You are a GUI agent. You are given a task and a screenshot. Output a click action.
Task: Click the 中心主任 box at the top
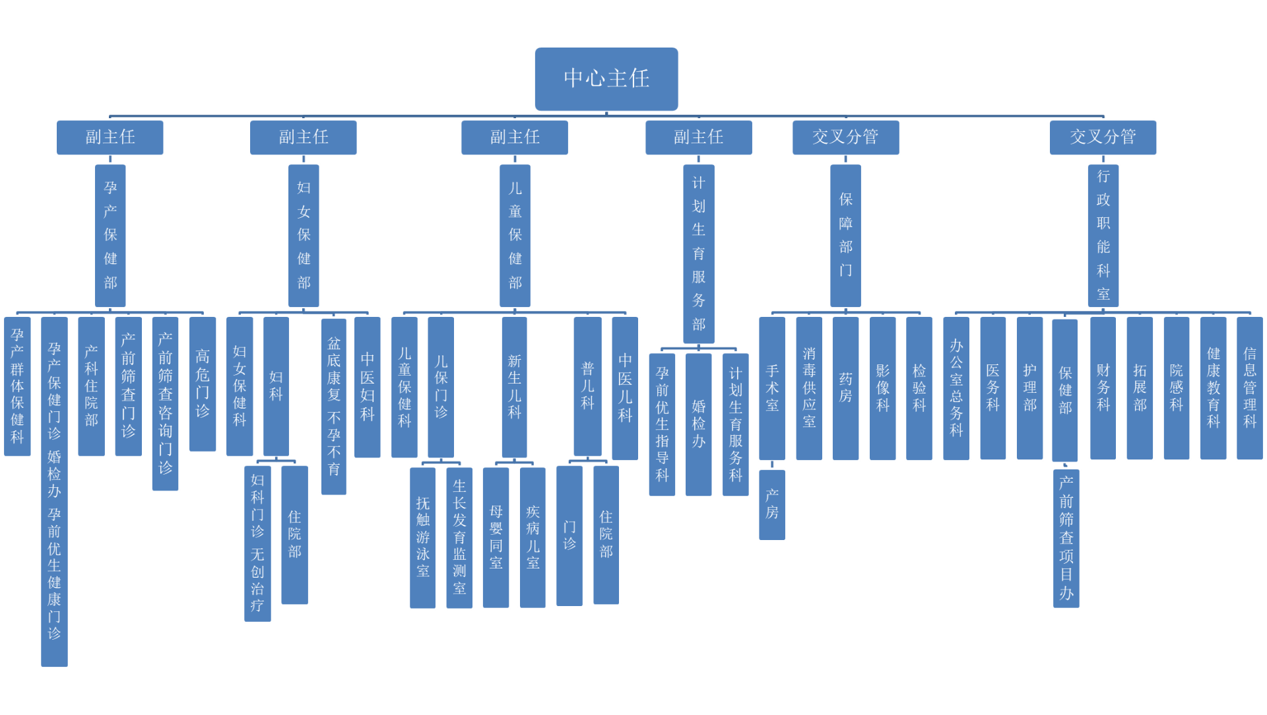[606, 79]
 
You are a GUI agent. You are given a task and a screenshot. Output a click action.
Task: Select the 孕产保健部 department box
[110, 236]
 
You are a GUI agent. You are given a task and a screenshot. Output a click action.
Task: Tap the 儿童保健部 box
[515, 236]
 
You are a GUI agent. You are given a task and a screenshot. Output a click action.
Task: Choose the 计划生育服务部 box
[698, 254]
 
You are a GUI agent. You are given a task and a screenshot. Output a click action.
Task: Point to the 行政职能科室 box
[1103, 236]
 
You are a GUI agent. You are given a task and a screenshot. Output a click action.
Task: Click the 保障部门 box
[845, 236]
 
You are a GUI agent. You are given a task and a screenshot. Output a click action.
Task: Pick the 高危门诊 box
[203, 384]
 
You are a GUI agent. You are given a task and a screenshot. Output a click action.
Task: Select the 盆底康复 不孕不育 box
[334, 405]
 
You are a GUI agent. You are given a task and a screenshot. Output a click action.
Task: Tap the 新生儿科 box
[514, 387]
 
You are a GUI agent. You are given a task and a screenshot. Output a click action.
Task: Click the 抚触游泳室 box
[422, 537]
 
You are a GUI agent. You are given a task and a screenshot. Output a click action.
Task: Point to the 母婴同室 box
[496, 537]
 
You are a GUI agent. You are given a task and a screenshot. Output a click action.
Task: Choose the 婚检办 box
[698, 424]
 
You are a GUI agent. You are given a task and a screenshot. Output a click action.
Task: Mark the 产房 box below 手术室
[772, 504]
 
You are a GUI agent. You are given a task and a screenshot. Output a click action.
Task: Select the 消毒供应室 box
[809, 388]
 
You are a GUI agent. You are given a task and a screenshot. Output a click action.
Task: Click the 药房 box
[845, 388]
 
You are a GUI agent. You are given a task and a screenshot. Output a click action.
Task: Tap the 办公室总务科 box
[956, 388]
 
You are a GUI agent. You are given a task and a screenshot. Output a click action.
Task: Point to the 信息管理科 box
[1249, 388]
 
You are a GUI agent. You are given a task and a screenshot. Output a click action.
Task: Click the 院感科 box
[1176, 388]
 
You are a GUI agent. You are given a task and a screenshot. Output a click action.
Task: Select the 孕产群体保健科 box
[17, 386]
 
